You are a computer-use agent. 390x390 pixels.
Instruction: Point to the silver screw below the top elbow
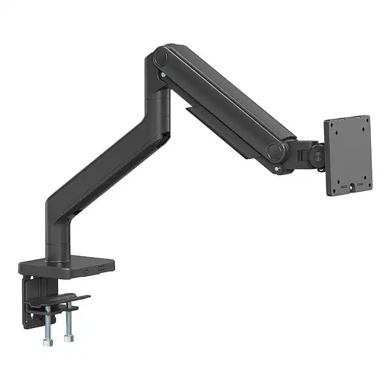pos(162,74)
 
